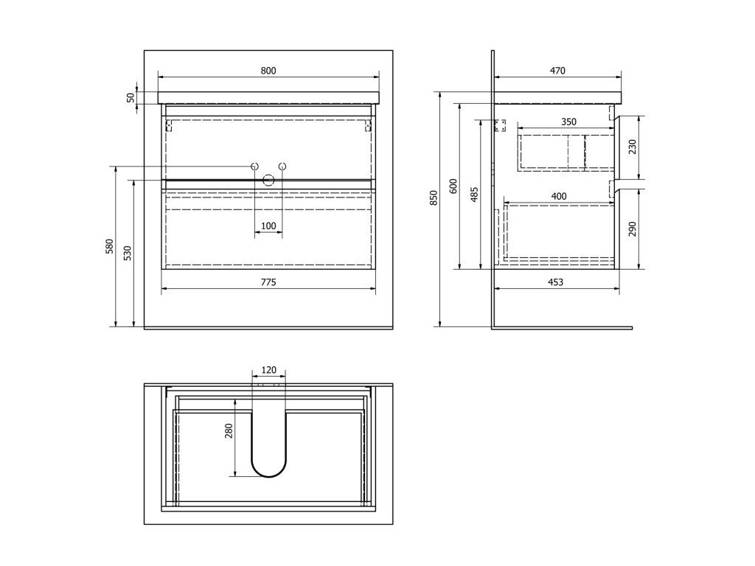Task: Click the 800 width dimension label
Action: pyautogui.click(x=268, y=71)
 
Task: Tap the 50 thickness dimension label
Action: pyautogui.click(x=131, y=97)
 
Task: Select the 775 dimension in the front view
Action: pyautogui.click(x=268, y=282)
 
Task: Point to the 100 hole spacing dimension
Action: pyautogui.click(x=268, y=226)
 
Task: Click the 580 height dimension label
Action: pyautogui.click(x=109, y=246)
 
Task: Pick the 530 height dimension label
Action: pyautogui.click(x=127, y=254)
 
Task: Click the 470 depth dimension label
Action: pyautogui.click(x=557, y=71)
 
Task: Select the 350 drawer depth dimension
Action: pyautogui.click(x=568, y=122)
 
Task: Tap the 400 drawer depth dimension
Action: pyautogui.click(x=559, y=196)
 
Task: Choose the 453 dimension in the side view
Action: pyautogui.click(x=556, y=282)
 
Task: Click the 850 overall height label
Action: pyautogui.click(x=434, y=198)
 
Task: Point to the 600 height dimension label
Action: pyautogui.click(x=454, y=186)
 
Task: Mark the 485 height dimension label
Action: pyautogui.click(x=474, y=194)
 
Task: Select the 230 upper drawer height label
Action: pyautogui.click(x=632, y=147)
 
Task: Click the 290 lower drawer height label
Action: pyautogui.click(x=632, y=228)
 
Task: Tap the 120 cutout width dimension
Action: pyautogui.click(x=268, y=370)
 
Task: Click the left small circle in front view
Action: pyautogui.click(x=254, y=167)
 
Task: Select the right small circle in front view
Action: pyautogui.click(x=282, y=167)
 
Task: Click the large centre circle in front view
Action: pyautogui.click(x=268, y=179)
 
